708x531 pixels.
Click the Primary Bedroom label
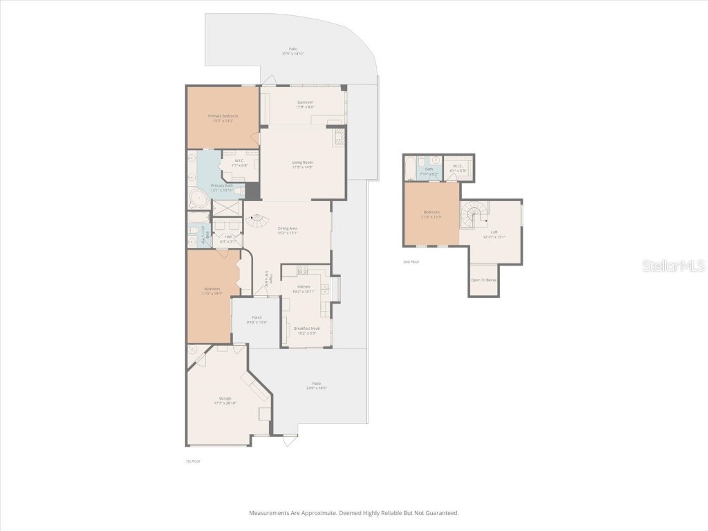[223, 115]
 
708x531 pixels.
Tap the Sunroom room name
[304, 102]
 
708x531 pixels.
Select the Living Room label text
[302, 162]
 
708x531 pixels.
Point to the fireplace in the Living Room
[338, 137]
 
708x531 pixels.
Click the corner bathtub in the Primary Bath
[198, 200]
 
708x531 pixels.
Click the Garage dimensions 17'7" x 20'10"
[225, 402]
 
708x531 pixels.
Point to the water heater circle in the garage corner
[193, 351]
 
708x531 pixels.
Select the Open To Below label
[483, 280]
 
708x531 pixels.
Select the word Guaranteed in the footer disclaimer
[440, 513]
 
